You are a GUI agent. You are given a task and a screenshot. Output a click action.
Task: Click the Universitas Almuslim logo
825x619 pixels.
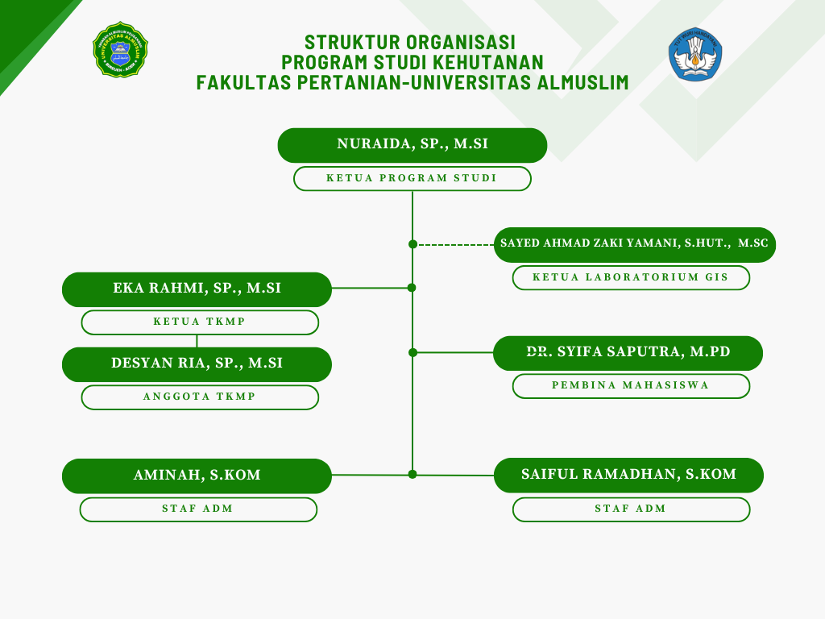121,50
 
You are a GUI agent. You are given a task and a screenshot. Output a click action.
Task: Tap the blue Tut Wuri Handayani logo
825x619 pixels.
695,54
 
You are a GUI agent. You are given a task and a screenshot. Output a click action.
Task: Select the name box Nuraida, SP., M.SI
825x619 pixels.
412,145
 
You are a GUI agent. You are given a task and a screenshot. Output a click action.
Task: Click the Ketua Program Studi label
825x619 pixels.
412,178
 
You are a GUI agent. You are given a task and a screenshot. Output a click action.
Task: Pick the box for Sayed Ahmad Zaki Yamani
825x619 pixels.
635,245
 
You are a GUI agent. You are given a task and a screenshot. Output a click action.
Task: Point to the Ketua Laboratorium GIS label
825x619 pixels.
631,277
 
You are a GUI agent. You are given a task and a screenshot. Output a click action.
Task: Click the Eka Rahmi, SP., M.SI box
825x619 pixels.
197,289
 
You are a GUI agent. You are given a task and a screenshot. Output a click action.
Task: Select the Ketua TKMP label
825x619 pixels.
200,322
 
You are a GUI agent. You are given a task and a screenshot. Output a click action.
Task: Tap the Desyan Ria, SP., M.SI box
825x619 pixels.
197,364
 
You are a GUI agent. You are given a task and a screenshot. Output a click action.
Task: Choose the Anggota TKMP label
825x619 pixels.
200,397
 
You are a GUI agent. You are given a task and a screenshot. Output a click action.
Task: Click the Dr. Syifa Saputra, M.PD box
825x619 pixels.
628,353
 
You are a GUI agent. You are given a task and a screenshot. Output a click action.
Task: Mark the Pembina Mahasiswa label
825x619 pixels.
631,386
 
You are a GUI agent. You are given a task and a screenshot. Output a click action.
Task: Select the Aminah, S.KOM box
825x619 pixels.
197,476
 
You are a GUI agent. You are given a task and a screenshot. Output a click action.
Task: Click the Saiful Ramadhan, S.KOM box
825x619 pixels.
628,476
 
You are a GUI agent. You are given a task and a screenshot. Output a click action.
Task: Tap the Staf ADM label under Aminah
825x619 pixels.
198,509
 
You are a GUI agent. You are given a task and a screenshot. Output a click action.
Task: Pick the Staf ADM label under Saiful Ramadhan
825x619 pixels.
631,509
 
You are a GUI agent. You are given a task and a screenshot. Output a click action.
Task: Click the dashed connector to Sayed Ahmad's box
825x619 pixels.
456,245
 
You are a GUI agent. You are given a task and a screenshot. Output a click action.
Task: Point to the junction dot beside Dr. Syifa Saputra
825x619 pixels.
413,353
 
